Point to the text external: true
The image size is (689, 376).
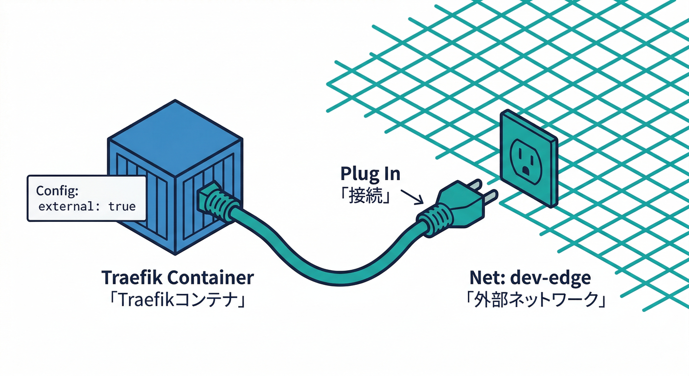(x=87, y=206)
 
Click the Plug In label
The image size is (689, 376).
(x=370, y=174)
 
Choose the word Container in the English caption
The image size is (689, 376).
(x=211, y=278)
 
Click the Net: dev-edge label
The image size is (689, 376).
(x=530, y=278)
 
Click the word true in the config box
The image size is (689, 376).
(x=122, y=206)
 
